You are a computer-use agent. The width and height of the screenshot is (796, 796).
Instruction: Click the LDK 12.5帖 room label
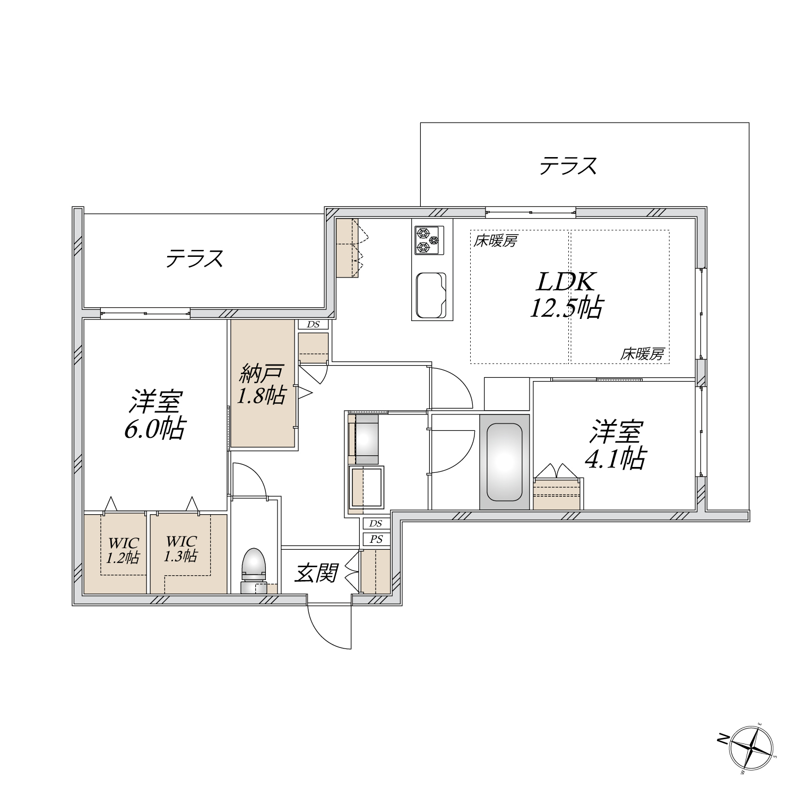(566, 295)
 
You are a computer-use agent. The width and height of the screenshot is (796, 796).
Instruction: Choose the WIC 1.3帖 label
(181, 549)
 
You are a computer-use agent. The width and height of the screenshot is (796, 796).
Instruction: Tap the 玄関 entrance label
(317, 573)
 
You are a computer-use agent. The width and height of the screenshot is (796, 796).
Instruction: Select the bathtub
(504, 462)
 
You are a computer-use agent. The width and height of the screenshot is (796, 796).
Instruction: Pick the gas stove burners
(429, 240)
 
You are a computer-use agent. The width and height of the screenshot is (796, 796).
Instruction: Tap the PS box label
(376, 540)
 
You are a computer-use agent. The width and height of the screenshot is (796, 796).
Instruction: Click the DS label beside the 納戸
(314, 324)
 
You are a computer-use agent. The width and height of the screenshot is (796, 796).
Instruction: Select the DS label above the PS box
(376, 524)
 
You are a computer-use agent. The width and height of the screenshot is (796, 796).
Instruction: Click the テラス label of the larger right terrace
(568, 166)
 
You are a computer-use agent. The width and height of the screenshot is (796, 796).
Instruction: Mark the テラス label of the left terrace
(194, 259)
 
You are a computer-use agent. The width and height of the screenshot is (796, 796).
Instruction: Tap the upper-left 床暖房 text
(496, 241)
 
